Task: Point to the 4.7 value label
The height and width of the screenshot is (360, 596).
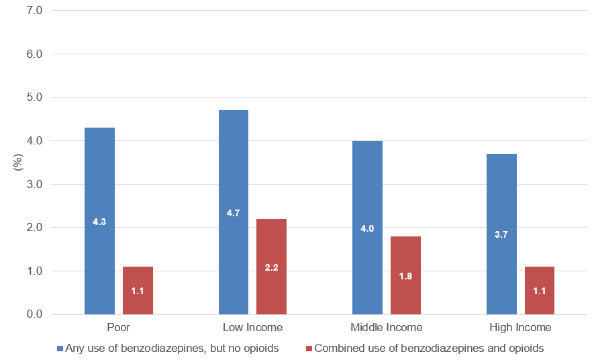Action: coord(233,213)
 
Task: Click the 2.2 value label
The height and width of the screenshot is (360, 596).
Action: coord(271,267)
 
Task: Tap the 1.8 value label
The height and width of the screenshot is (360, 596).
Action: coord(405,276)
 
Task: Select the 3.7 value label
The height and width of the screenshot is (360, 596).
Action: coord(501,234)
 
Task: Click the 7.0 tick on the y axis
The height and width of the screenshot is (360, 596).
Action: coord(33,11)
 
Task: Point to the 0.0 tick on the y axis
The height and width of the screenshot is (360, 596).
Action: coord(33,314)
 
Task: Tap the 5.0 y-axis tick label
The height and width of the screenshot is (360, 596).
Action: coord(33,97)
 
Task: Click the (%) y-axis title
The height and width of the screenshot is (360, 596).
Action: coord(18,163)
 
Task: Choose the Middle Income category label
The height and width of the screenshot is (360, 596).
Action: coord(387,328)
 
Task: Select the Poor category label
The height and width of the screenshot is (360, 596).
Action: coord(118,328)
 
